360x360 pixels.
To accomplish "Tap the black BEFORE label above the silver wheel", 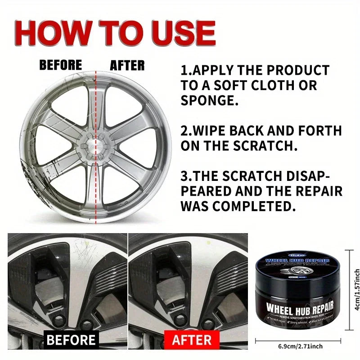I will [61, 65].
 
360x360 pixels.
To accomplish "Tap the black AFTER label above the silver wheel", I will [127, 66].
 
